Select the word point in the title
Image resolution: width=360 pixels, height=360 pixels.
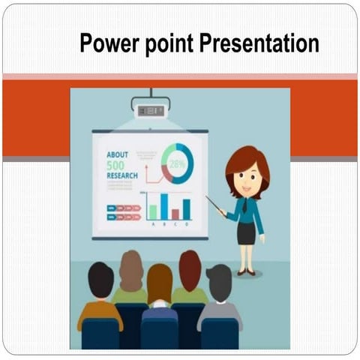tap(171, 44)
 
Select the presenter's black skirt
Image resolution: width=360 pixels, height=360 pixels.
tap(246, 233)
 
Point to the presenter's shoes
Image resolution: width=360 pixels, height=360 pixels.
tap(245, 272)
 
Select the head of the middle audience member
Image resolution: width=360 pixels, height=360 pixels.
tap(160, 281)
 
